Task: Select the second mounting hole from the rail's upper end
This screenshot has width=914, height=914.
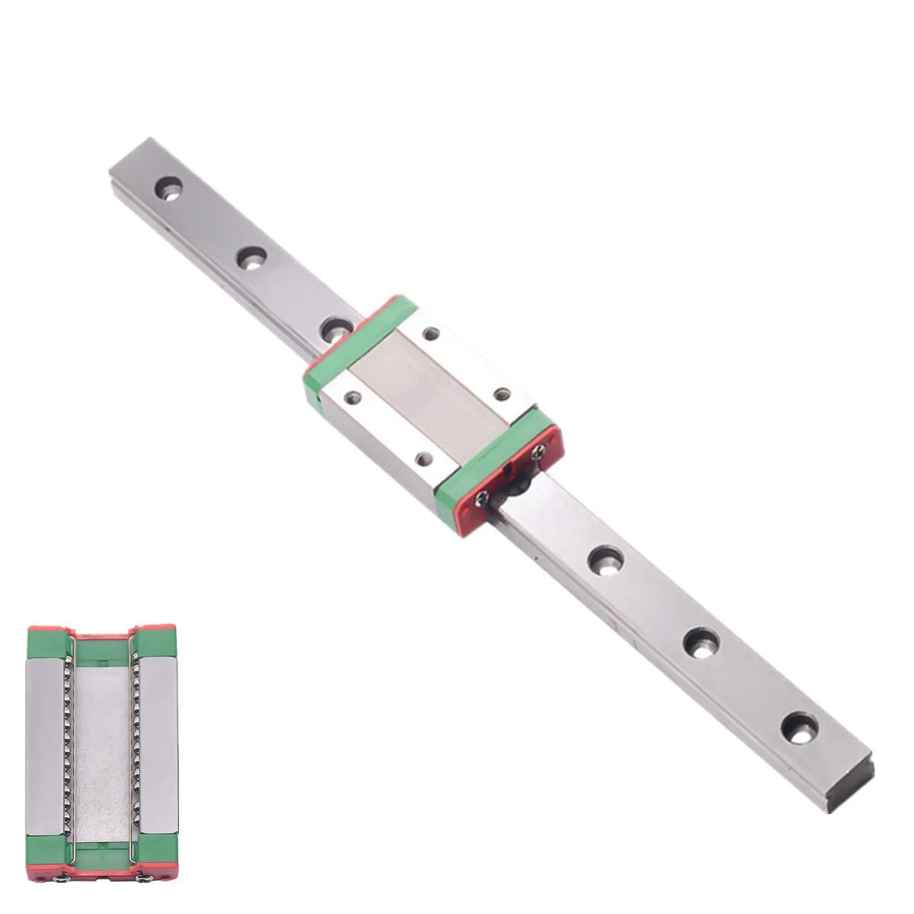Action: pyautogui.click(x=249, y=259)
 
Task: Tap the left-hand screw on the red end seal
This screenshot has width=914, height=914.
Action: pyautogui.click(x=482, y=500)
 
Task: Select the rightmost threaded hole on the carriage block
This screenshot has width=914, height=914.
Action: pyautogui.click(x=500, y=395)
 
